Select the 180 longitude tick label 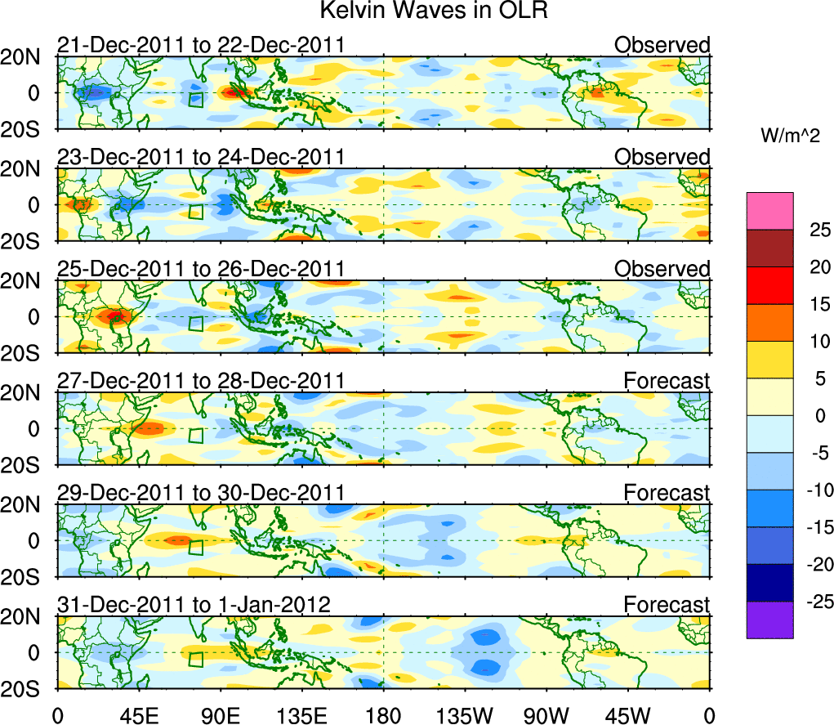pyautogui.click(x=383, y=715)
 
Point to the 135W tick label pyautogui.click(x=465, y=715)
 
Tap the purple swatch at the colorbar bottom pyautogui.click(x=769, y=620)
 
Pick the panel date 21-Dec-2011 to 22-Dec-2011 pyautogui.click(x=201, y=44)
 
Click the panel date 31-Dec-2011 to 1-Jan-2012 pyautogui.click(x=194, y=605)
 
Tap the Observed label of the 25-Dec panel pyautogui.click(x=662, y=269)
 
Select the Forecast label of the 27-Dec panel pyautogui.click(x=667, y=381)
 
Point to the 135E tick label pyautogui.click(x=301, y=715)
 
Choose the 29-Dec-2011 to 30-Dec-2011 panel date pyautogui.click(x=201, y=493)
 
